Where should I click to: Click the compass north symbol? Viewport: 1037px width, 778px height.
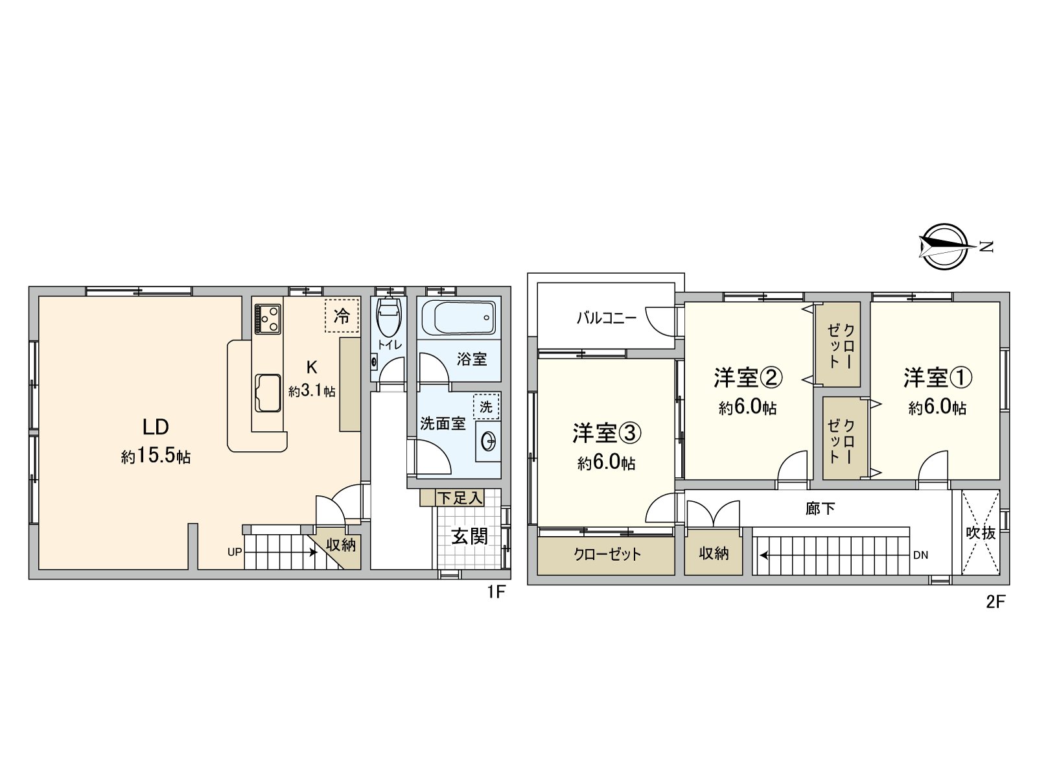click(944, 246)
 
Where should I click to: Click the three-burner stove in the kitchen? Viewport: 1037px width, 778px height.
click(268, 318)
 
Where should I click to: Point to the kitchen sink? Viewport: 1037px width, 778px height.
click(268, 392)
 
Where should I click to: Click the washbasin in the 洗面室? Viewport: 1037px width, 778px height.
click(488, 442)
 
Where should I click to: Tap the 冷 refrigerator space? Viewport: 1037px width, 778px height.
click(342, 316)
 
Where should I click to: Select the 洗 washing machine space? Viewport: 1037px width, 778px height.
click(486, 407)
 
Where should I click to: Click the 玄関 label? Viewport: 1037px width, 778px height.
click(469, 536)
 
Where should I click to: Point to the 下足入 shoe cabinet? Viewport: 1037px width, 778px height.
click(459, 498)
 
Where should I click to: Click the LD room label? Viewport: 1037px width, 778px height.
click(156, 427)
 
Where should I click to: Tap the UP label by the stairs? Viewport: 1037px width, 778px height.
click(234, 552)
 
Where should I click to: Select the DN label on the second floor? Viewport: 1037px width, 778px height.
click(920, 555)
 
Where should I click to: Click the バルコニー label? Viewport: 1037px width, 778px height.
click(607, 318)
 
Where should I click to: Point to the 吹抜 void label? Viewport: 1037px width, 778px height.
click(980, 533)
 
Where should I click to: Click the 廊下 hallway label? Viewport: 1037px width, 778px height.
click(821, 508)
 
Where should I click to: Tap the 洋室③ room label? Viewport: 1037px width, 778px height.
click(607, 433)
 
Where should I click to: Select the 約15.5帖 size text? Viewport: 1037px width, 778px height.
click(156, 456)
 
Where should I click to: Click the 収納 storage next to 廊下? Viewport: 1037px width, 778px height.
click(714, 553)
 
